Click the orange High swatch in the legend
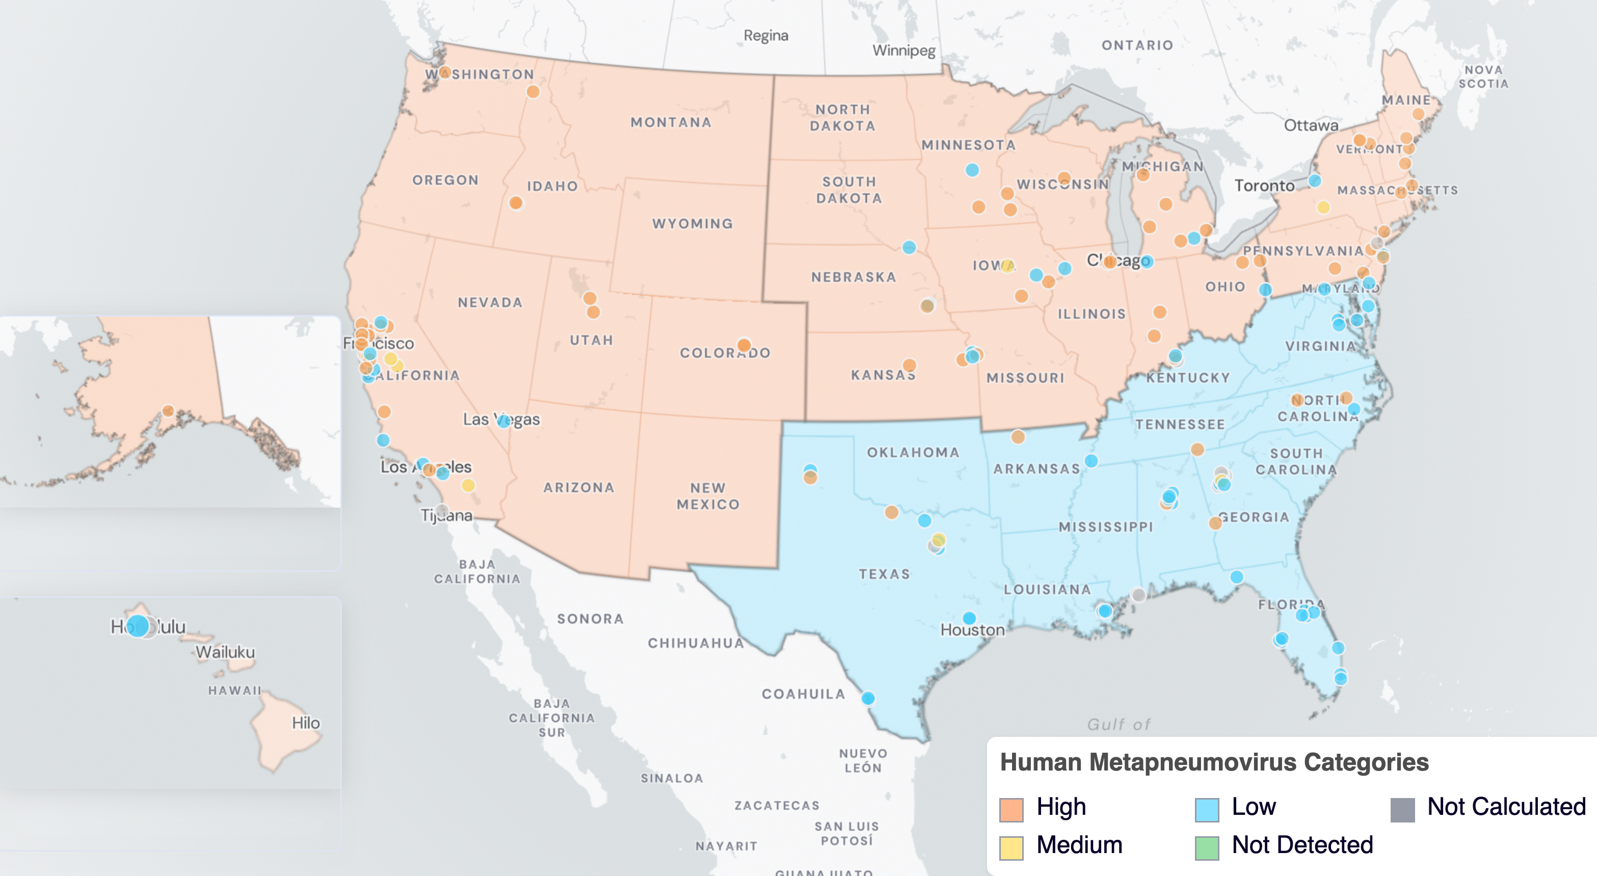tap(1011, 809)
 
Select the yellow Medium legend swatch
tap(1011, 847)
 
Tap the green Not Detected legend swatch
tap(1207, 847)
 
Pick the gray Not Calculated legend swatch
tap(1402, 809)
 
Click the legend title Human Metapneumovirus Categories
tap(1214, 762)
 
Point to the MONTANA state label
tap(671, 122)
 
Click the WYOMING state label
tap(693, 223)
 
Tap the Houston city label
tap(972, 630)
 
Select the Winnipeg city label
tap(904, 50)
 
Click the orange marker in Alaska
tap(168, 410)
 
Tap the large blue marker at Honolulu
tap(138, 626)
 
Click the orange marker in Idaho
tap(516, 203)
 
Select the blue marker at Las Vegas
tap(504, 421)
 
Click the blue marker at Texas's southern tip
tap(868, 698)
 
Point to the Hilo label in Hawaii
tap(306, 723)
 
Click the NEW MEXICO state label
tap(708, 496)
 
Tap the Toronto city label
tap(1264, 185)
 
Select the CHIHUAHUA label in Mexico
tap(696, 643)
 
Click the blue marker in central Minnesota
tap(972, 170)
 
